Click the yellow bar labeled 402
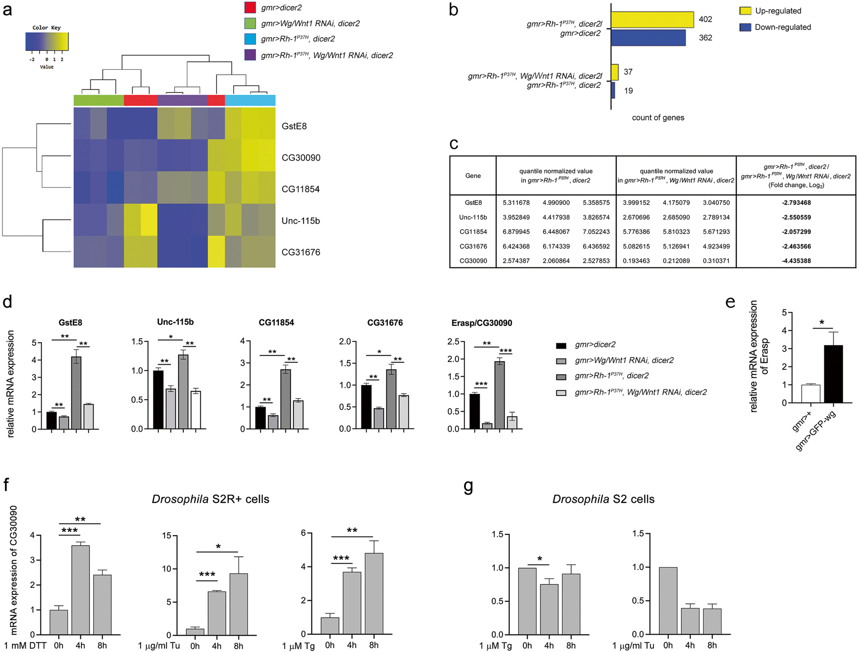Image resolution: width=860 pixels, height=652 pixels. [x=652, y=20]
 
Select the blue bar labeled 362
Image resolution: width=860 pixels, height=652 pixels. [x=648, y=38]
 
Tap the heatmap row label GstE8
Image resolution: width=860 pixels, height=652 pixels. [x=294, y=126]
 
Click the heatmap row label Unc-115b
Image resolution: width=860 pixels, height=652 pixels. [x=300, y=221]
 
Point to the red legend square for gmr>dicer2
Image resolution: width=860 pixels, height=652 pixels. [x=250, y=7]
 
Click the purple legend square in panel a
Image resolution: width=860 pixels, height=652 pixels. [x=250, y=55]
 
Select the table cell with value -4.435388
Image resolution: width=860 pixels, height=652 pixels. [x=796, y=261]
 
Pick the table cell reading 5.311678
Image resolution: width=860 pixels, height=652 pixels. [x=516, y=203]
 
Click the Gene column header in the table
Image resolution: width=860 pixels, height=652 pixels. [x=473, y=176]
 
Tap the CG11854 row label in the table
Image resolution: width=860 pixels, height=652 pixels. [x=473, y=232]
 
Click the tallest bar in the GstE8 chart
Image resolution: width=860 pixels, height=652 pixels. [x=76, y=392]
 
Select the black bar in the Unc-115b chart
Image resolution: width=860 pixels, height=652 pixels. [x=158, y=400]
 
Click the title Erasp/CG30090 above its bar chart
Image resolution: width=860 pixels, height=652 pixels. [x=482, y=323]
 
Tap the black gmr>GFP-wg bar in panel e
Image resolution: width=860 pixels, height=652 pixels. [x=833, y=374]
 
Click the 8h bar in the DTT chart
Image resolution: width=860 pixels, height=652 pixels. [x=102, y=604]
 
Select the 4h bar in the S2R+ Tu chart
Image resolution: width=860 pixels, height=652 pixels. [x=217, y=613]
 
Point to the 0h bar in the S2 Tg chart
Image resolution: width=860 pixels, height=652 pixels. [x=527, y=601]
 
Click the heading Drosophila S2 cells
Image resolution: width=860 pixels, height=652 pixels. [x=603, y=499]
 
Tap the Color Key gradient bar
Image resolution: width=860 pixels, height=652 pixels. [x=47, y=42]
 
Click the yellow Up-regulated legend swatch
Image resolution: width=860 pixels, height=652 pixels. [x=745, y=11]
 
